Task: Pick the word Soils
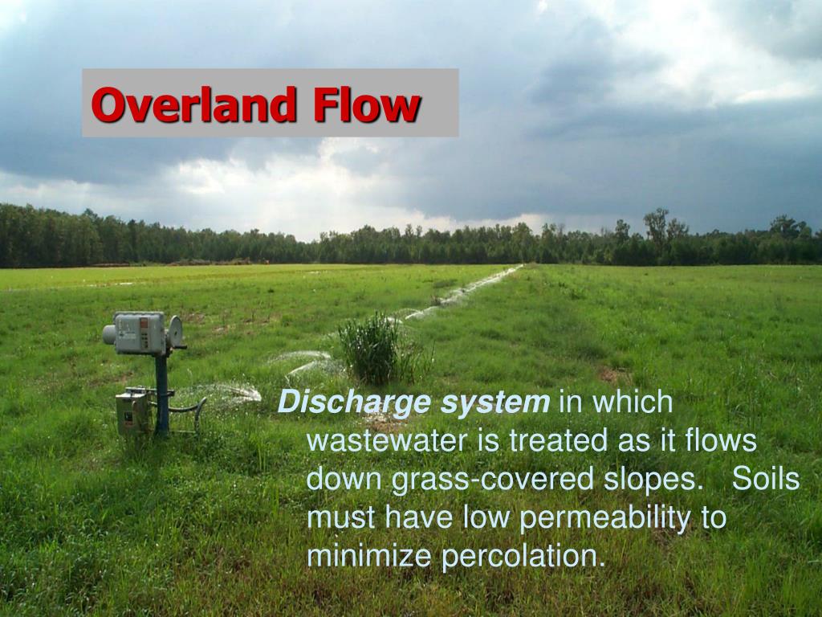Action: pos(767,479)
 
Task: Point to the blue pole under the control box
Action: pos(162,394)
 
